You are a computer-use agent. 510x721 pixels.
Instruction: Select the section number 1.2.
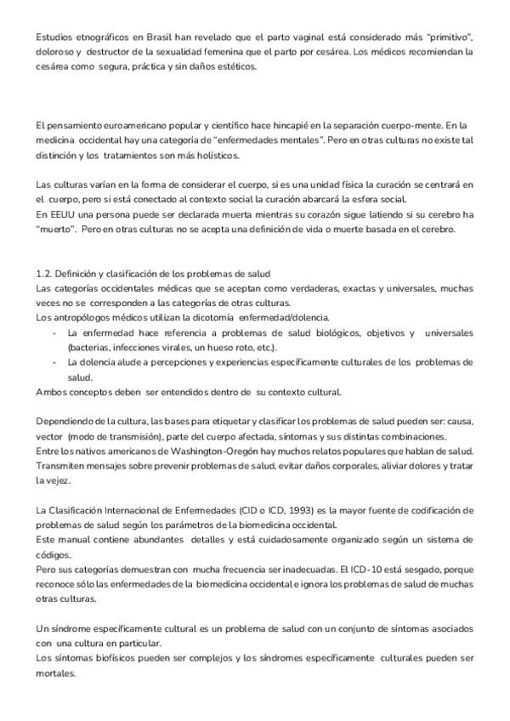45,273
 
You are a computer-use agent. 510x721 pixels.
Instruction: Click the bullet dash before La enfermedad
54,332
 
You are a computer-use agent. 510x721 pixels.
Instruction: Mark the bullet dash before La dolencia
54,362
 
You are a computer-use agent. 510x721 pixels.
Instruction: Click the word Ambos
51,391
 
